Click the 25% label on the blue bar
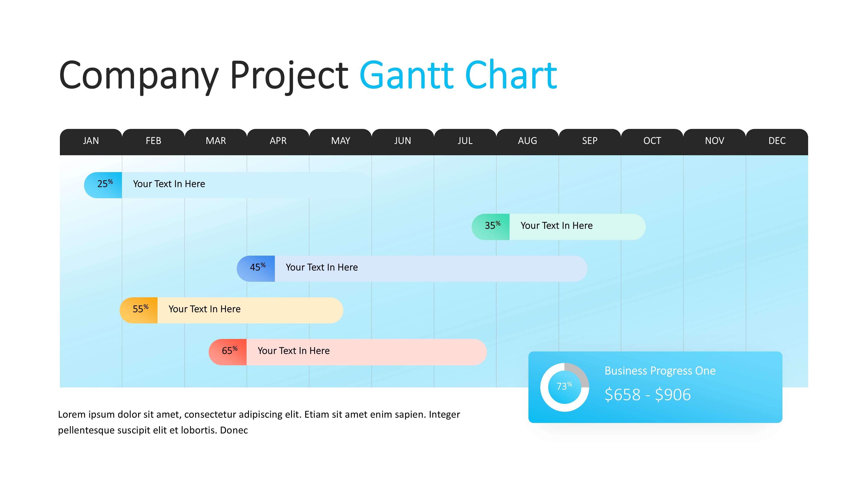point(105,184)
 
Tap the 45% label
point(258,267)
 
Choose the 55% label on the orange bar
point(140,308)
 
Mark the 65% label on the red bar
point(229,350)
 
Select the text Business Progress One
point(660,371)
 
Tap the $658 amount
point(622,394)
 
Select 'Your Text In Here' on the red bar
point(293,351)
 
